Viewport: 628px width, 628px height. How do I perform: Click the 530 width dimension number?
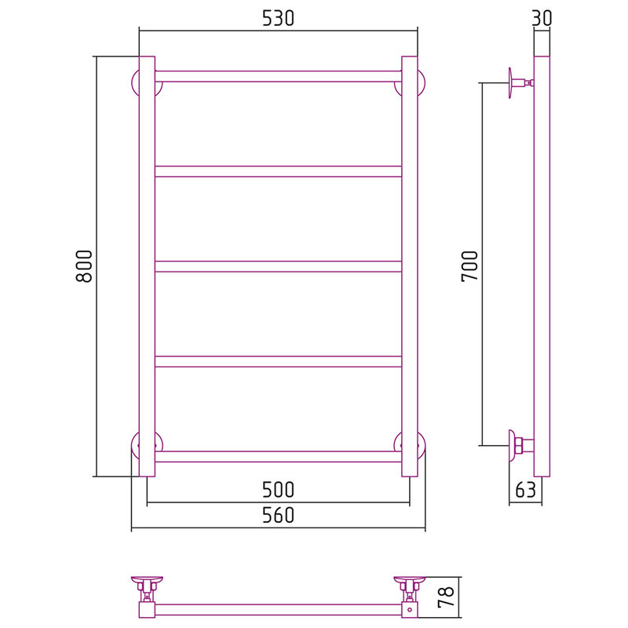[278, 18]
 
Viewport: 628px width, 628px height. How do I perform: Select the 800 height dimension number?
[84, 266]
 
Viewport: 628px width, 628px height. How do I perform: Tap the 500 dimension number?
[278, 489]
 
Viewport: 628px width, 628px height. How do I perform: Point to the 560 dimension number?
[278, 515]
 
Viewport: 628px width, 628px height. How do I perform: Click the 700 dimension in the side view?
[469, 266]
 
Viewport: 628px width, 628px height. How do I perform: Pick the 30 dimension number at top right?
[542, 18]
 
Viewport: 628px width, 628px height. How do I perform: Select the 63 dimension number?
[525, 489]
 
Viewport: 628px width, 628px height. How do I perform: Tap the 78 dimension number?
[445, 597]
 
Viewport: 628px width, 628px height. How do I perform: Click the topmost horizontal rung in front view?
[278, 76]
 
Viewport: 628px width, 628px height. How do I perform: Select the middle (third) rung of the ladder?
[278, 266]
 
